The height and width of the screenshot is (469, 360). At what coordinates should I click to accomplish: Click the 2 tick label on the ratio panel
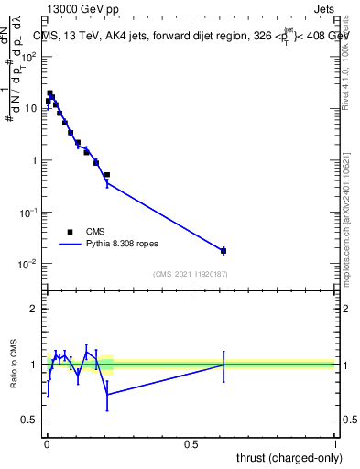click(x=34, y=309)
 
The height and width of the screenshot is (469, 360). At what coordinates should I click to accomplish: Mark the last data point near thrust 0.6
click(x=224, y=250)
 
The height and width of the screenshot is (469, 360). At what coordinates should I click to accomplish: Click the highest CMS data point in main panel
click(x=50, y=93)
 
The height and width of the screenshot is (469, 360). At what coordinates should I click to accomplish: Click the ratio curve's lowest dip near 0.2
click(x=108, y=395)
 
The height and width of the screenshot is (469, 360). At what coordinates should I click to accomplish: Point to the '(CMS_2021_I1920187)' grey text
click(x=191, y=273)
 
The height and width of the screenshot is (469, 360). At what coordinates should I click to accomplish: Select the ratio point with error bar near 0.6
click(x=224, y=365)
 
